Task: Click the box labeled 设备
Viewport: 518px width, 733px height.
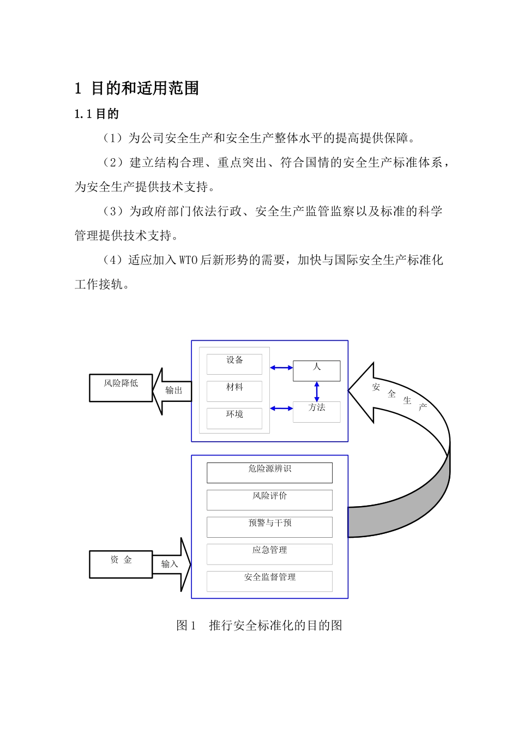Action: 234,364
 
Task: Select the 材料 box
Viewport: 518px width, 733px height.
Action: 234,391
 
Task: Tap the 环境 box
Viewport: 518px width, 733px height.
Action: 234,418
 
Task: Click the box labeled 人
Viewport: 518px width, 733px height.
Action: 316,371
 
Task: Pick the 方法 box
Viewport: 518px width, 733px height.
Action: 316,412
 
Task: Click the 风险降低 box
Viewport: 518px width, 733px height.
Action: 121,388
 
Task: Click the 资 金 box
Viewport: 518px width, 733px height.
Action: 121,564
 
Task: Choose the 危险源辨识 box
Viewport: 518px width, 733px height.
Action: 269,473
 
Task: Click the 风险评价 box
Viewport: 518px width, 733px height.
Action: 269,500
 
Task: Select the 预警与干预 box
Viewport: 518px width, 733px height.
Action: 269,527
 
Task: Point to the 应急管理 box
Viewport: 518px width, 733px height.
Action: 269,554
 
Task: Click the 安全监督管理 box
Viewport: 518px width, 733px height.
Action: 269,581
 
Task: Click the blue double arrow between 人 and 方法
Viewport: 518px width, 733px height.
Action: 317,392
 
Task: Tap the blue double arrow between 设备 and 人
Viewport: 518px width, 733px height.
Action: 281,368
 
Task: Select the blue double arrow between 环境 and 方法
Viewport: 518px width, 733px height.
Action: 281,408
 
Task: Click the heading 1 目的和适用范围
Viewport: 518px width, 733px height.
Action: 137,88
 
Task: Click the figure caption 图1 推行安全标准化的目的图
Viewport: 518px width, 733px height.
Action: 259,626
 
